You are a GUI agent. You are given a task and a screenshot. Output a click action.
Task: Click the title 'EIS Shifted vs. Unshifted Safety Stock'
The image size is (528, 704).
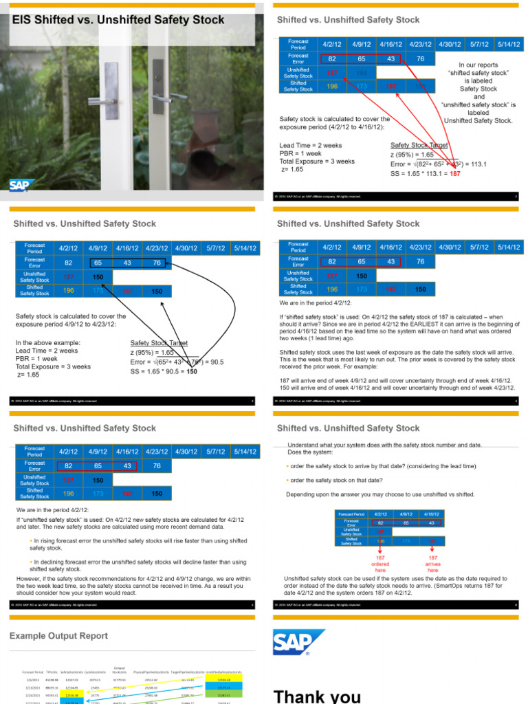click(x=119, y=20)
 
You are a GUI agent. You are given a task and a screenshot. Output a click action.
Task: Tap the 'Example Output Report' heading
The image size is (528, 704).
click(x=58, y=636)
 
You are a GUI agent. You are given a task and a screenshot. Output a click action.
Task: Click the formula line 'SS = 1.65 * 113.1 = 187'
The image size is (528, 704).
click(x=425, y=174)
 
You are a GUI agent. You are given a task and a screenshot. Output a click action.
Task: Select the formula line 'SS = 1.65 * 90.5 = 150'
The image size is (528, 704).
click(x=163, y=371)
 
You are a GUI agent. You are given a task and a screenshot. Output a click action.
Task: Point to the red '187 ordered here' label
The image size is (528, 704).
click(x=379, y=564)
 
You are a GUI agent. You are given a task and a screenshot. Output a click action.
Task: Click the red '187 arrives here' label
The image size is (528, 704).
click(x=432, y=564)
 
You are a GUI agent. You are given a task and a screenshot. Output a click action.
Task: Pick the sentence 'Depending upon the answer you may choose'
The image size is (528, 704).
click(x=379, y=494)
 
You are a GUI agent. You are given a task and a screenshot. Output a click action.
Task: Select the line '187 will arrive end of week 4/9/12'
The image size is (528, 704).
click(x=397, y=380)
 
